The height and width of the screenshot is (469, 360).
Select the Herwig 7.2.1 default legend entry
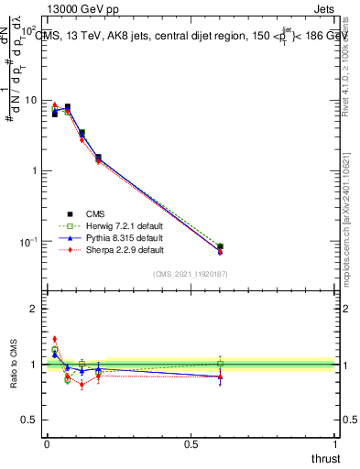101,225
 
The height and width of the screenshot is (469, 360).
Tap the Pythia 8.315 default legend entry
101,237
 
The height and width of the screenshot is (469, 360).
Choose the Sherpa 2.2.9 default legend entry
101,249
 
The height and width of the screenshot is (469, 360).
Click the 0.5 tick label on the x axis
191,444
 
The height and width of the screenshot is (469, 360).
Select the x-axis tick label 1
334,444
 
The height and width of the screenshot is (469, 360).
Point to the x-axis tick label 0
46,444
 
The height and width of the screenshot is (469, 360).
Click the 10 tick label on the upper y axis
31,100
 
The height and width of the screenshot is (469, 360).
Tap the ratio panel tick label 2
34,309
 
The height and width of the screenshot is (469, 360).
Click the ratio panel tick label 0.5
30,420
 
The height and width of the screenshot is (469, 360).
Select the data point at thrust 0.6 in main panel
220,246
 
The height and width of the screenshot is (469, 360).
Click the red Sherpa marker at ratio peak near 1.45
54,339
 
